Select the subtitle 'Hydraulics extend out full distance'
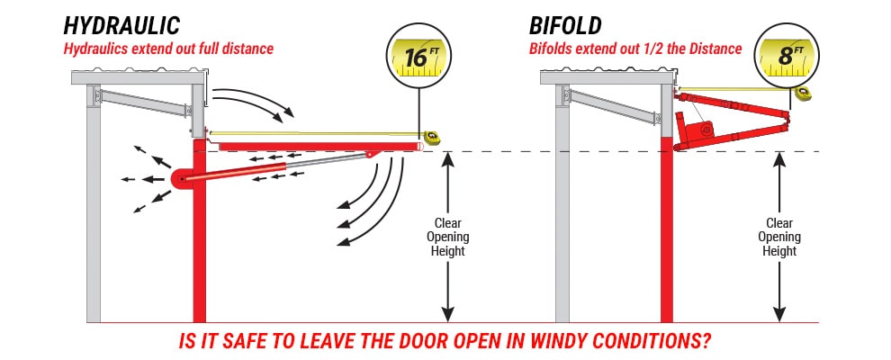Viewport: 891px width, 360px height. tap(167, 49)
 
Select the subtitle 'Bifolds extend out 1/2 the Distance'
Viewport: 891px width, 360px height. tap(634, 49)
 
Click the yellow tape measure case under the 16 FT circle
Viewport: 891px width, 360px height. tap(432, 137)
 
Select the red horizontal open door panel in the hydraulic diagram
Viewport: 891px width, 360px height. tap(315, 146)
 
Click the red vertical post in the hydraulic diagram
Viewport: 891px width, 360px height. tap(199, 261)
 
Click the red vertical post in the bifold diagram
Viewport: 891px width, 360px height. tap(667, 252)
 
